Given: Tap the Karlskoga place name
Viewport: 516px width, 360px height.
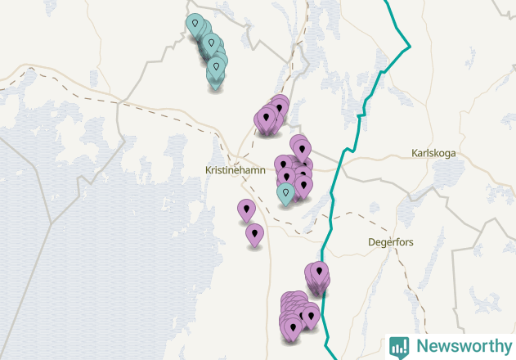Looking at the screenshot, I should [x=433, y=153].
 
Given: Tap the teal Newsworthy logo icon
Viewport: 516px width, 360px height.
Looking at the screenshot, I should [x=399, y=346].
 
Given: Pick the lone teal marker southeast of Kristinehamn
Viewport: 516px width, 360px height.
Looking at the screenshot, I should [x=285, y=194].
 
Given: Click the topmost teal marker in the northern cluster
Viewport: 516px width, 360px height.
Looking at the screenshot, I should [x=195, y=25].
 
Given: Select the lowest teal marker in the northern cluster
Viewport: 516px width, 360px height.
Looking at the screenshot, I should [x=216, y=75].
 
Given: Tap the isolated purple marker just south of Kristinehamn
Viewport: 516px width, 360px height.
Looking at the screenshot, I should [x=246, y=209].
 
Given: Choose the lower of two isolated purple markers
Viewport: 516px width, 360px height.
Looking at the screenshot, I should [x=255, y=234].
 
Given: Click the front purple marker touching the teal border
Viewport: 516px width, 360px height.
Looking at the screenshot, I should [x=319, y=273].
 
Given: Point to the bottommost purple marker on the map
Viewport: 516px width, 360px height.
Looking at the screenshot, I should [x=293, y=329].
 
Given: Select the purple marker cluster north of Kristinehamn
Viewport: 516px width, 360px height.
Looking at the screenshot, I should [x=270, y=118].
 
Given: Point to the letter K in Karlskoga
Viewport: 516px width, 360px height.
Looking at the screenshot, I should [x=415, y=153].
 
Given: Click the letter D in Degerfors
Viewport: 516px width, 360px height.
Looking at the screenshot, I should [x=372, y=242].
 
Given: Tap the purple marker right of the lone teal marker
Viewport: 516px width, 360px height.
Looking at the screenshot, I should [x=303, y=186].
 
